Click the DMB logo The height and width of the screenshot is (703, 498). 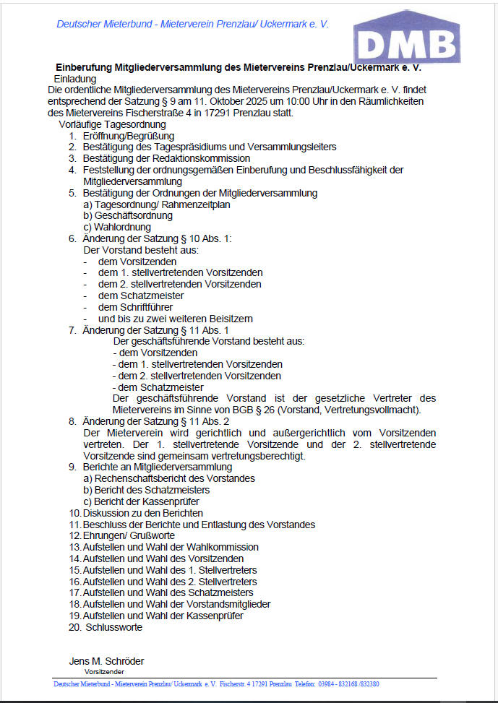[x=407, y=38]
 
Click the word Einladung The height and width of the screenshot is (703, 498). [x=75, y=79]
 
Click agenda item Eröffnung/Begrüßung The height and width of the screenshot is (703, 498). [x=128, y=136]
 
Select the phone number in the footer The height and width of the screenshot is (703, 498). [x=348, y=683]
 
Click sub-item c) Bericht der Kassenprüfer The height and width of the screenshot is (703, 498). [x=141, y=501]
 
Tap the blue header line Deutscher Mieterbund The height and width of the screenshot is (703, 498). [x=192, y=24]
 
